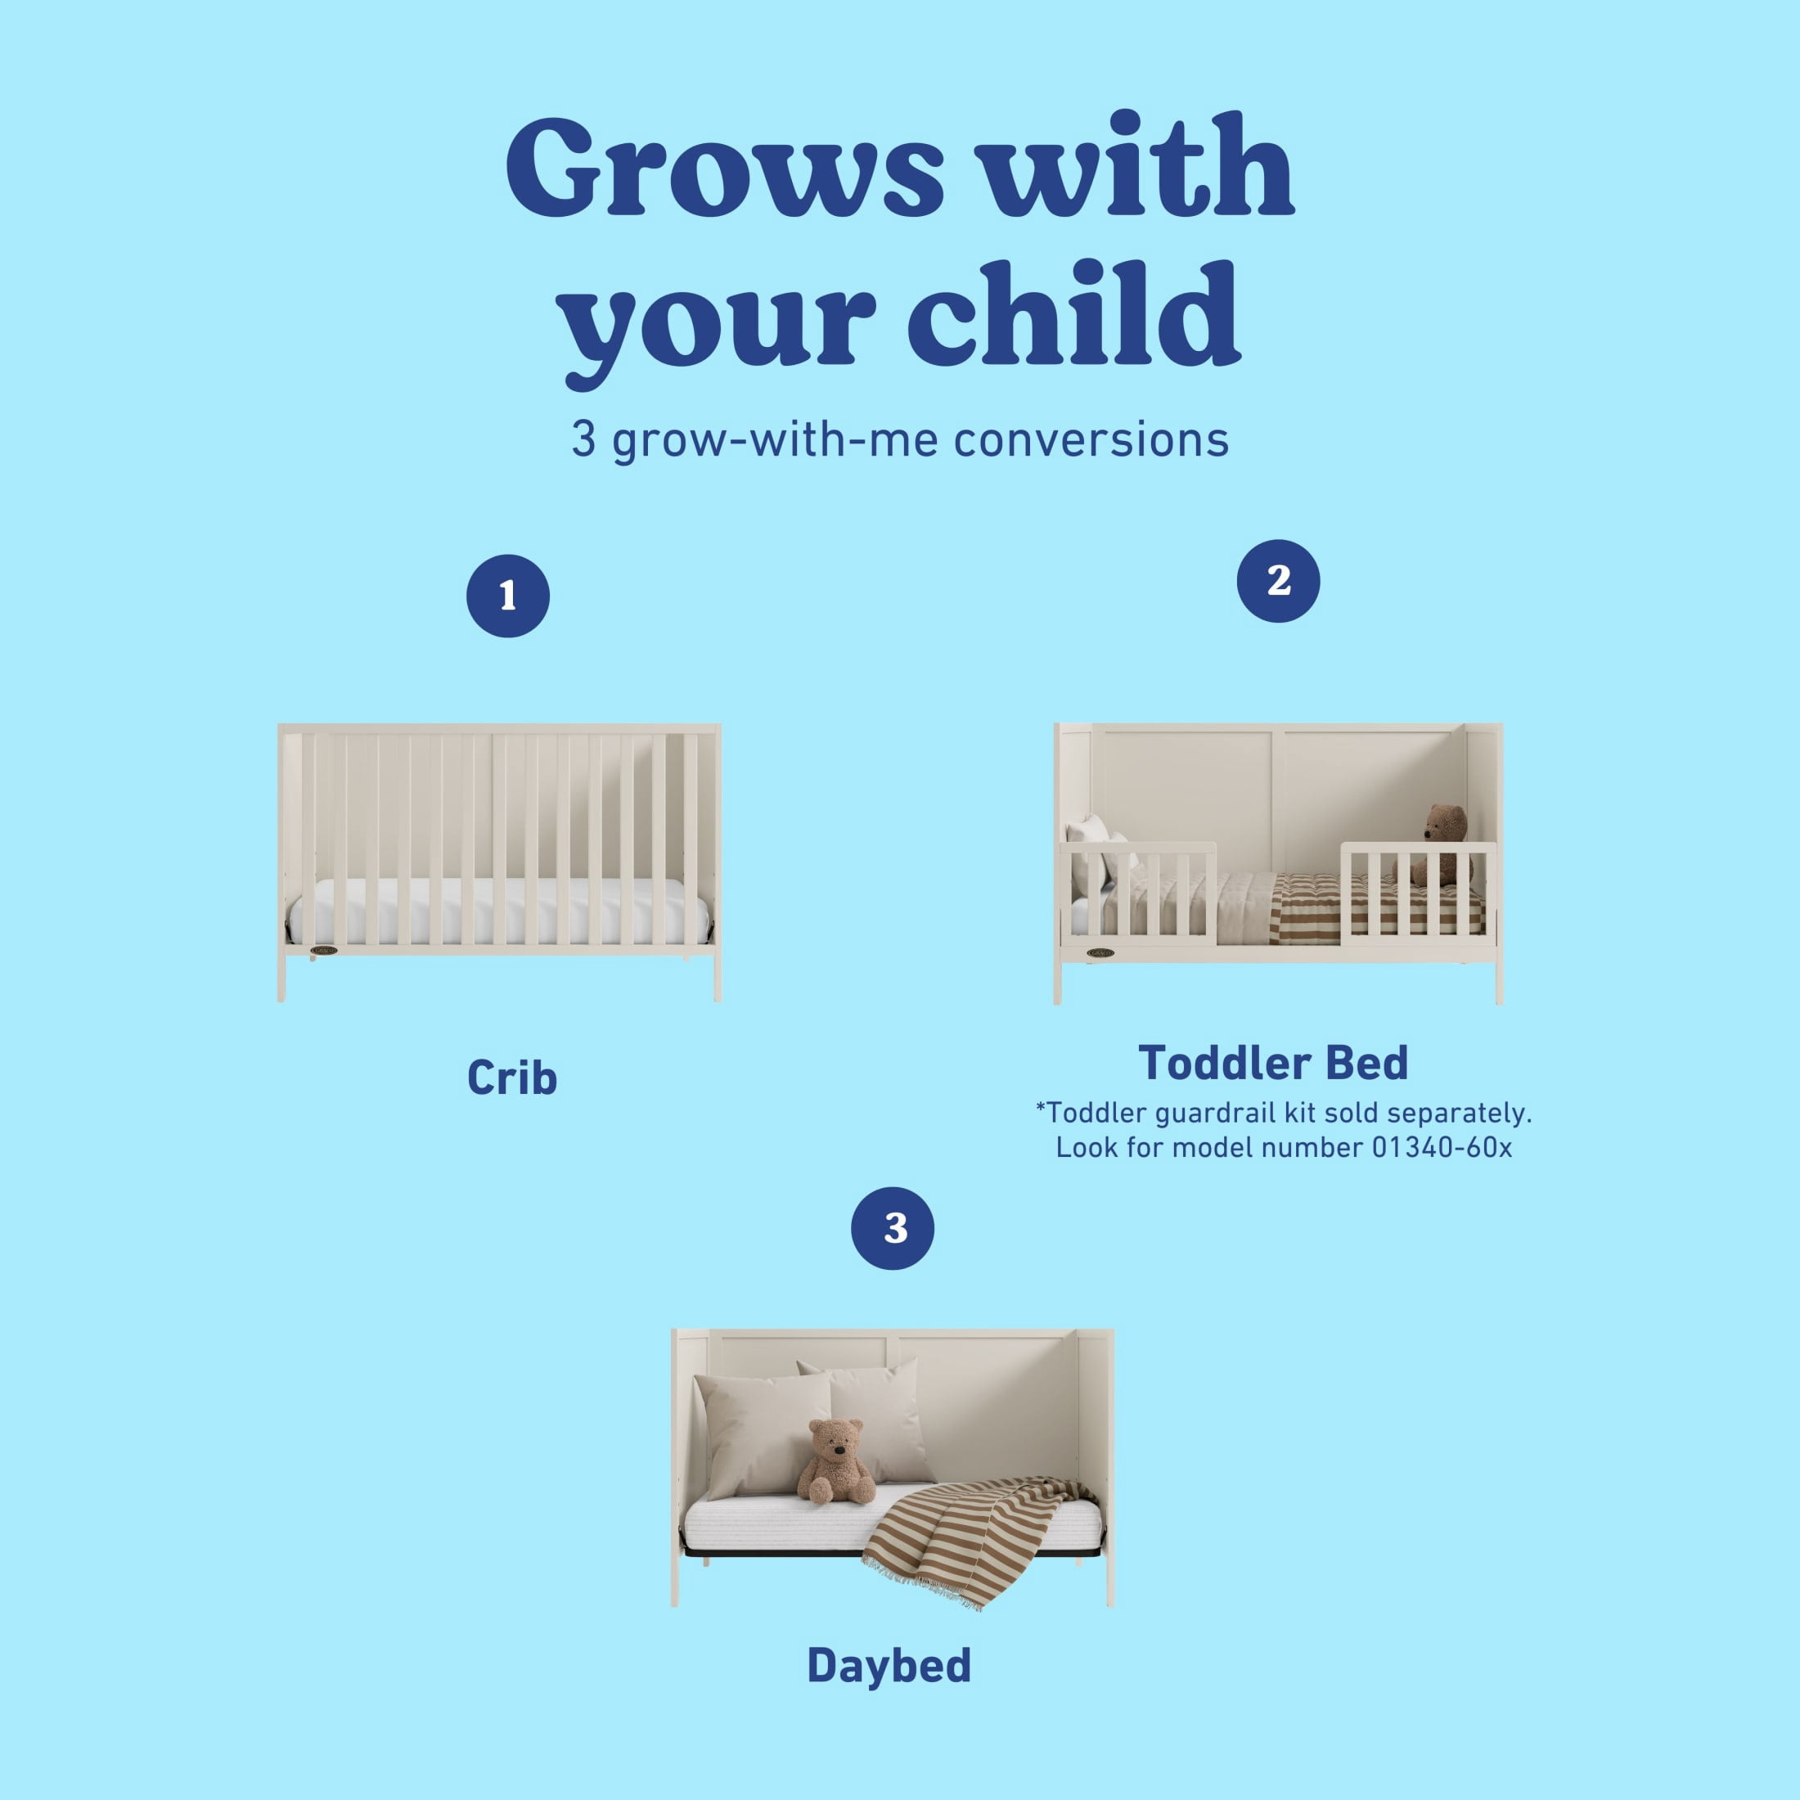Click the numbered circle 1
click(x=508, y=596)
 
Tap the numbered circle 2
click(x=1278, y=580)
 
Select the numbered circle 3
click(x=893, y=1228)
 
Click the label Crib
click(x=511, y=1078)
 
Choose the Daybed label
click(x=889, y=1665)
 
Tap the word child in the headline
click(x=1073, y=314)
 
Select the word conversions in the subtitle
click(x=1091, y=439)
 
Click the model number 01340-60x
click(x=1442, y=1147)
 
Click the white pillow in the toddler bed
click(x=1087, y=855)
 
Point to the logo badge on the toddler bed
click(x=1100, y=952)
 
